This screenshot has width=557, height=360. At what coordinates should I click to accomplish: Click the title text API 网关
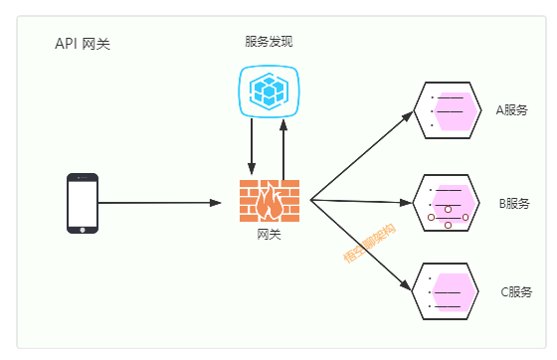[82, 44]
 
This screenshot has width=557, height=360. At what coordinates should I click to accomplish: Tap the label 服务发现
[269, 42]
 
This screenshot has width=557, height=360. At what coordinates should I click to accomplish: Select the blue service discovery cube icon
[269, 91]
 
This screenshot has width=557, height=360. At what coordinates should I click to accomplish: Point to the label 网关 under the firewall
[269, 235]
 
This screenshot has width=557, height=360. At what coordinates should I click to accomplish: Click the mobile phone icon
[83, 203]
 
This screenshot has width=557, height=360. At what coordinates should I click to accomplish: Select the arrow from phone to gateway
[159, 203]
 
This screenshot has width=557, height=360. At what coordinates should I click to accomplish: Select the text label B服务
[513, 204]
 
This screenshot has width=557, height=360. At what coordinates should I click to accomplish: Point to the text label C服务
[513, 292]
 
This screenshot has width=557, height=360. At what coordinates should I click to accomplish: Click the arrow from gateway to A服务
[363, 154]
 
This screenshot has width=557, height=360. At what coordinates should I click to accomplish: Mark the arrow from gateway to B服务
[363, 202]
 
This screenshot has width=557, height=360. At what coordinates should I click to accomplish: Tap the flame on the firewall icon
[269, 206]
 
